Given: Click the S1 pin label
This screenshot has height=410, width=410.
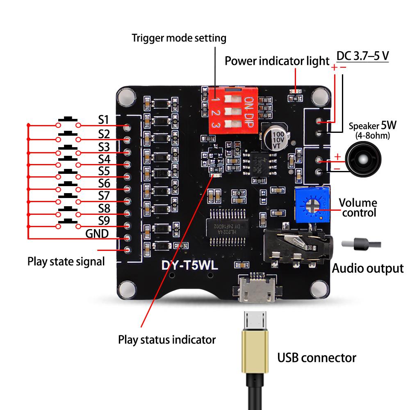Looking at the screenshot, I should tap(103, 120).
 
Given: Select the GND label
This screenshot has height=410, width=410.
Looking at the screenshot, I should tap(97, 234).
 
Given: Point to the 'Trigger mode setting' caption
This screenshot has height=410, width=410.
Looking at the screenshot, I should tap(179, 38).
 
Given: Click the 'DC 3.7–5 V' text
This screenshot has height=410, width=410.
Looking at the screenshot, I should tap(362, 56).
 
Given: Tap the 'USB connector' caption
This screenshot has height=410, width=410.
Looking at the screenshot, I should tap(317, 358).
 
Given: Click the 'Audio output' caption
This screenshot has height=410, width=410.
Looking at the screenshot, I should tap(367, 269).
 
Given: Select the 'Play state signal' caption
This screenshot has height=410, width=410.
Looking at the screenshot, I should tap(66, 261).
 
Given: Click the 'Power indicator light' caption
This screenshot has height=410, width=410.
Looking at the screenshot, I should tap(277, 61).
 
